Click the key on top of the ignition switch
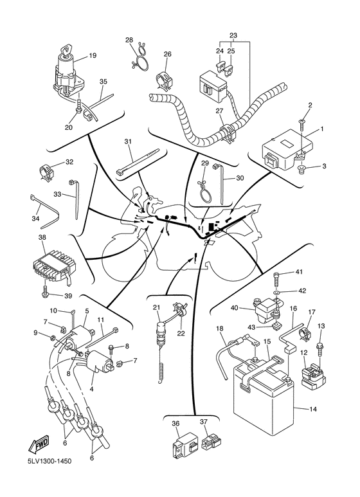[x=67, y=50]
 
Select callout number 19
[x=92, y=56]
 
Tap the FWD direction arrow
[x=39, y=442]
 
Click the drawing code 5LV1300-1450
[x=50, y=460]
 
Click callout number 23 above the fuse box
[x=233, y=35]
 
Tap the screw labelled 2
[x=301, y=124]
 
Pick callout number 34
[x=35, y=219]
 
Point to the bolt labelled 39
[x=45, y=292]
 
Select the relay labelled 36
[x=183, y=442]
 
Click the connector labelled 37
[x=211, y=442]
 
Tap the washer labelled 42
[x=278, y=291]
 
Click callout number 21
[x=157, y=307]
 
